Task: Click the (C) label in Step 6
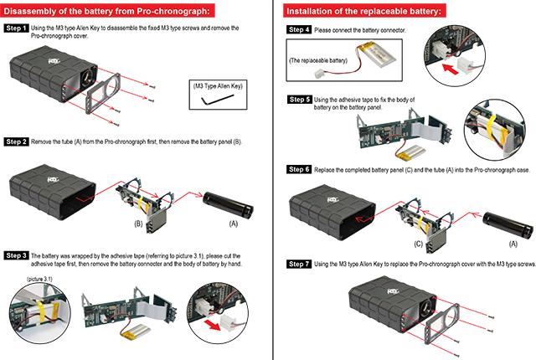[419, 244]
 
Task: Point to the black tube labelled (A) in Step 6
[505, 222]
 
